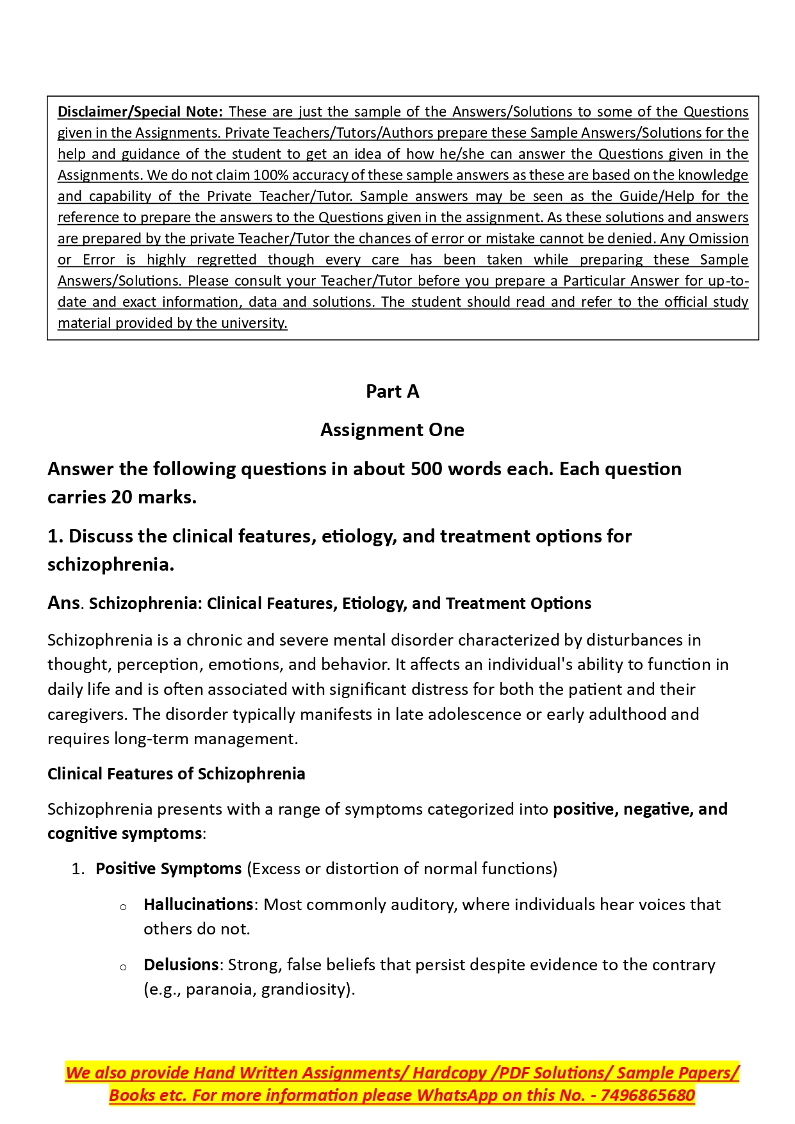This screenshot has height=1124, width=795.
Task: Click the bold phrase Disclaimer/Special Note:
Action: [x=140, y=111]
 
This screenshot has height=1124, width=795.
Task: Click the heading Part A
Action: [x=392, y=391]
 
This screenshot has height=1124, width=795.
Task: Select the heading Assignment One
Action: [x=392, y=430]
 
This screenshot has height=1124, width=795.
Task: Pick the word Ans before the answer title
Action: [x=63, y=603]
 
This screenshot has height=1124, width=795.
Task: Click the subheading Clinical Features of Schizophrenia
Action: [x=176, y=774]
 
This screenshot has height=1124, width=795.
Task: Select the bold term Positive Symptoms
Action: [x=168, y=868]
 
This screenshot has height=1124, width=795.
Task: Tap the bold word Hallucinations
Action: [x=199, y=904]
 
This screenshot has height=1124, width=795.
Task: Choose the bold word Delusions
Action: [x=181, y=965]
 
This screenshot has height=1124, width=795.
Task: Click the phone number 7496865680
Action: [x=648, y=1095]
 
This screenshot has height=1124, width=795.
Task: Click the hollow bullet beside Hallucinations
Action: [x=123, y=906]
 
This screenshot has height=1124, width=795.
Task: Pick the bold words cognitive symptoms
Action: [x=125, y=833]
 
